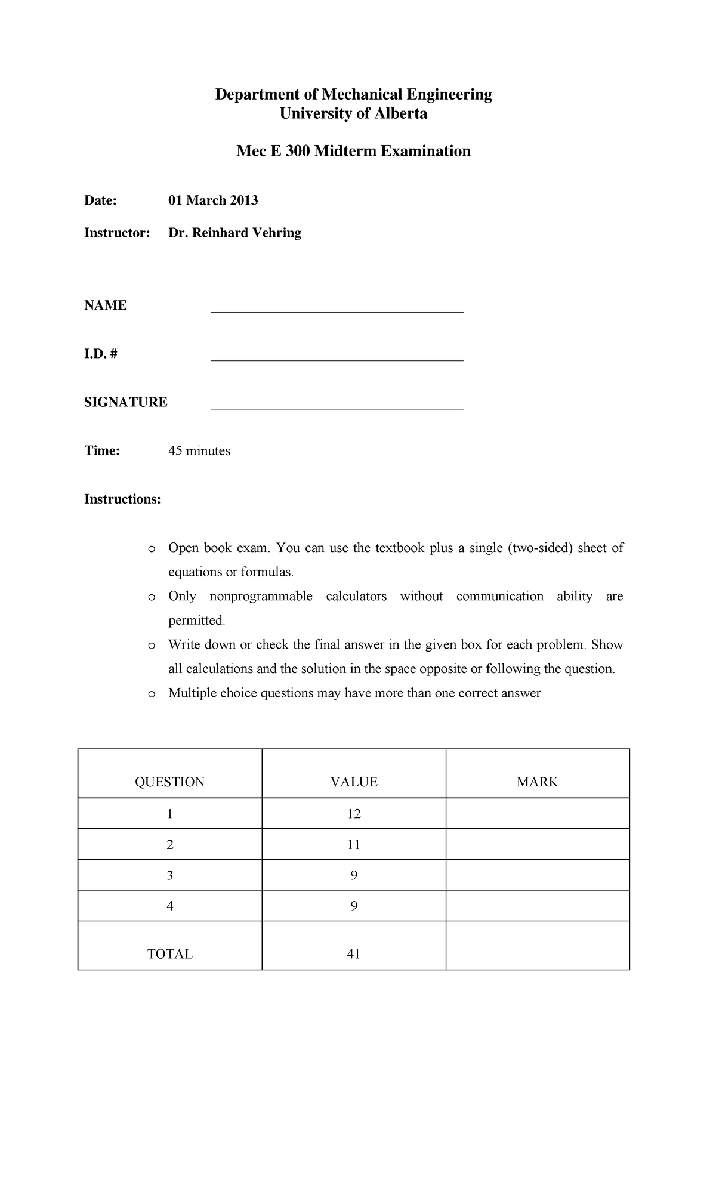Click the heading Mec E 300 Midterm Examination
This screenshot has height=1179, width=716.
tap(353, 151)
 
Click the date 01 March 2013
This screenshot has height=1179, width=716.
tap(213, 200)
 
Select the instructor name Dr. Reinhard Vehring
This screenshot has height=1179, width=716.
tap(234, 233)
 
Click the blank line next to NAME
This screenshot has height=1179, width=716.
tap(337, 311)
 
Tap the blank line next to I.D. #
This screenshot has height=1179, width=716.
tap(337, 360)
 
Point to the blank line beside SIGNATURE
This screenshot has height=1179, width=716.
tap(337, 409)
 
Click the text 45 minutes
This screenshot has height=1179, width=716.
tap(199, 451)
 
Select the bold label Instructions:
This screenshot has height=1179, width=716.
tap(122, 499)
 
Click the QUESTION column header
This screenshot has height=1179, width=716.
tap(170, 782)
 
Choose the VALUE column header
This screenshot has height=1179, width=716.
tap(354, 782)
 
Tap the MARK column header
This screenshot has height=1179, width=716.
tap(537, 782)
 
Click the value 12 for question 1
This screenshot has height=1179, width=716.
tap(354, 814)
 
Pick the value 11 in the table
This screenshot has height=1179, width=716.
tap(354, 845)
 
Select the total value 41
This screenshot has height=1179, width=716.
tap(353, 954)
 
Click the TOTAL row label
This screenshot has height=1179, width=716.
tap(170, 954)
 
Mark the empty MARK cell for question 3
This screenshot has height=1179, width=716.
tap(537, 875)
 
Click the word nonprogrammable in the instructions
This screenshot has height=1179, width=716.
tap(261, 597)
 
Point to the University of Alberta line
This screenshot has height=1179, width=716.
tap(353, 114)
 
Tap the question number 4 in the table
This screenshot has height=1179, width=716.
tap(170, 906)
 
